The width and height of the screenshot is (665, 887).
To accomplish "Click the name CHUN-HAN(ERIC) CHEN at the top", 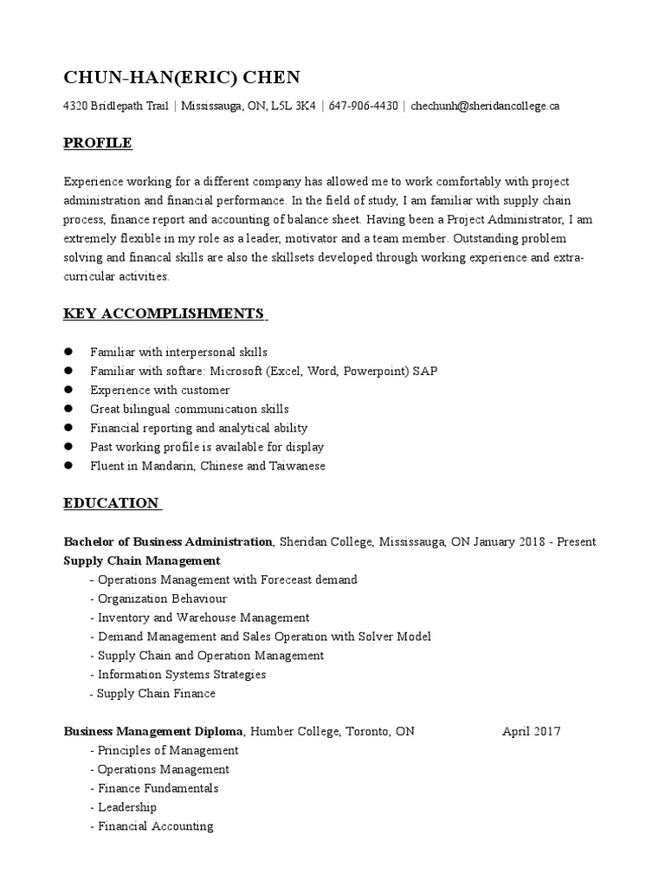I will click(x=182, y=78).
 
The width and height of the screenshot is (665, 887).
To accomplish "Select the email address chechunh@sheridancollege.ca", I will click(x=485, y=107).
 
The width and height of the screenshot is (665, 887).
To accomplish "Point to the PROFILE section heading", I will click(x=98, y=143).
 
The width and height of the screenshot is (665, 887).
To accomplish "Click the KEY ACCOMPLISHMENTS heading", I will click(x=164, y=313).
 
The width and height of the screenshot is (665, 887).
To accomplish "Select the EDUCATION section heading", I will click(x=112, y=503).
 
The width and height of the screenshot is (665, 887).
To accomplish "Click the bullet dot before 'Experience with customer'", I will click(x=68, y=391).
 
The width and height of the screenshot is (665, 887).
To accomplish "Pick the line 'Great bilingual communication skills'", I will click(x=189, y=409).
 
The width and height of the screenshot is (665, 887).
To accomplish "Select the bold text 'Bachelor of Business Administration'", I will click(x=168, y=541).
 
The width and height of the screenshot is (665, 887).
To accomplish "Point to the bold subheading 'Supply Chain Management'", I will click(x=142, y=560).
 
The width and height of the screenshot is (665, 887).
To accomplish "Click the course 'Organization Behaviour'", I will click(x=162, y=599).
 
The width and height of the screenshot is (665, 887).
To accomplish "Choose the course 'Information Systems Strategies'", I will click(x=182, y=674).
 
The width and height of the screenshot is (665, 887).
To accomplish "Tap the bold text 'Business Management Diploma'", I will click(x=154, y=731).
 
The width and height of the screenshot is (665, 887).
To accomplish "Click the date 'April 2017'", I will click(x=532, y=731).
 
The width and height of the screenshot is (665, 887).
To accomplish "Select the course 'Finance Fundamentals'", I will click(x=158, y=788).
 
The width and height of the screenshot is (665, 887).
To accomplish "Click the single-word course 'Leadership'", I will click(x=127, y=807).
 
